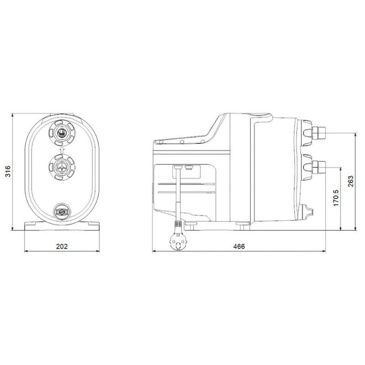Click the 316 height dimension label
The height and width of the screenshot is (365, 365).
[8, 172]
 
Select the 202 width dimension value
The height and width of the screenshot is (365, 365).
[62, 246]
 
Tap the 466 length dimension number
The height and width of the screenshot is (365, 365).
[239, 246]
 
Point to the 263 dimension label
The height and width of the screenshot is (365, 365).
[350, 181]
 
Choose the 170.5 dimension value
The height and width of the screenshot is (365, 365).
[336, 198]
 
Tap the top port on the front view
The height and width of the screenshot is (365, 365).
[62, 133]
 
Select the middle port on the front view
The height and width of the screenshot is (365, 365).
[62, 167]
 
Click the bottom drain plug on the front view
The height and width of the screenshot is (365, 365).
[62, 212]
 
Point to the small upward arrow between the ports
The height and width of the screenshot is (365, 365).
[62, 150]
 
